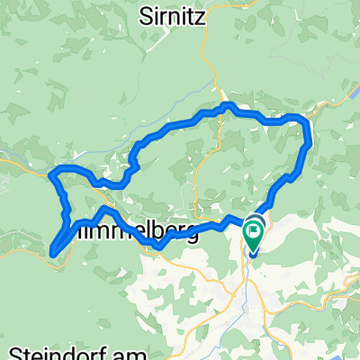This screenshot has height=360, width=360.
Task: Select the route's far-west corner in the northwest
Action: click(51, 172)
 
